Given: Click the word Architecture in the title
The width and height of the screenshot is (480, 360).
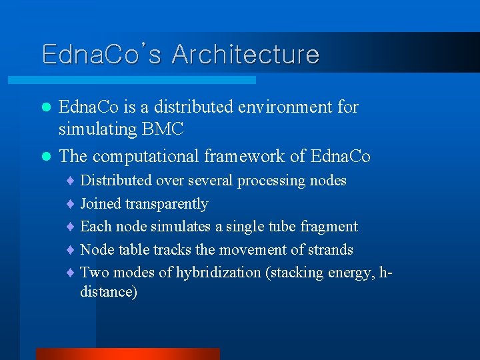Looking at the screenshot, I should [245, 54].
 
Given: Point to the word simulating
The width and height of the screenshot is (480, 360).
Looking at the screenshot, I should [97, 129].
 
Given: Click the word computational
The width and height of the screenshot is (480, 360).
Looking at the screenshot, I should [148, 156].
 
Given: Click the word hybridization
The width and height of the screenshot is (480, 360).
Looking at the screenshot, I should [218, 273].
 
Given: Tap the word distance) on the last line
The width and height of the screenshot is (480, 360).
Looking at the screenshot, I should [109, 292].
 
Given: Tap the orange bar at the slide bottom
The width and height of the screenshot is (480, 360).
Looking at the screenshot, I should [127, 354].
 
